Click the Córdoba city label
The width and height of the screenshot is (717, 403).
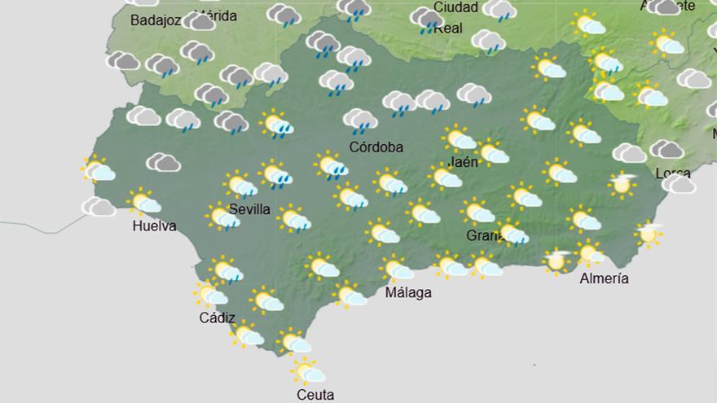coord(376,147)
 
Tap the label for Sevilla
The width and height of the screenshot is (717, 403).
coord(249,209)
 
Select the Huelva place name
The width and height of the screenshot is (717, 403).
coord(154,226)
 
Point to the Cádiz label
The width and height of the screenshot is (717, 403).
coord(217,318)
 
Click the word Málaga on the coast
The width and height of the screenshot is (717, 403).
coord(408,292)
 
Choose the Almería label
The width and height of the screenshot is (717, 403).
coord(604,278)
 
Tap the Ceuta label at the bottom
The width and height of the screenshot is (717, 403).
coord(315,395)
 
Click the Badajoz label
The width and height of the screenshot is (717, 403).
coord(155,20)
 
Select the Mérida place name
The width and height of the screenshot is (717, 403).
coord(216,15)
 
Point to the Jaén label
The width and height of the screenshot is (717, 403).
coord(463,161)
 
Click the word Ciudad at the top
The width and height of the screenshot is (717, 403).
coord(455,7)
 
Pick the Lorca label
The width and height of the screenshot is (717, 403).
coord(673,173)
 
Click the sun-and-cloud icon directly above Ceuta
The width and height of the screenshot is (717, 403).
coord(308,372)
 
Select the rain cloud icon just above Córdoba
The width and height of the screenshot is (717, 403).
coord(360,121)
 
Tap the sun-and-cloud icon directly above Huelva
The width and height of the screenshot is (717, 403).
coord(145,201)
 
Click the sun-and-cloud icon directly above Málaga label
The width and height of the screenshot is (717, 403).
coord(398,268)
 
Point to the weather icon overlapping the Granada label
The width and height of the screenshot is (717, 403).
coord(512,234)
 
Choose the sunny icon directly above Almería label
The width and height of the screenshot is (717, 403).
coord(589,254)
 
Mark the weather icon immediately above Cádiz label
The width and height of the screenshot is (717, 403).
coord(210,295)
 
